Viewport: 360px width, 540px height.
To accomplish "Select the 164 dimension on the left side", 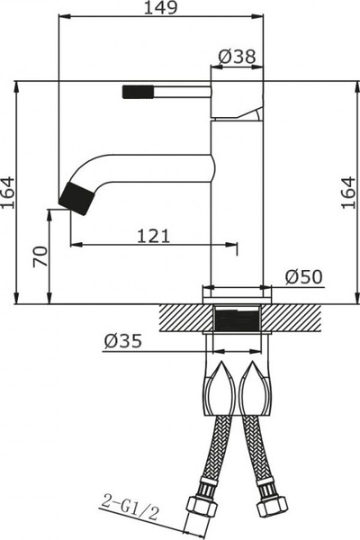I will coord(8,193).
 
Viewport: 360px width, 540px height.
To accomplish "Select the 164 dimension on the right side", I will coord(349,193).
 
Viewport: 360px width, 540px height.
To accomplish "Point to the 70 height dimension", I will coord(38,256).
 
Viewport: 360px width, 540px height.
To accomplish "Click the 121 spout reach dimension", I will coord(154,235).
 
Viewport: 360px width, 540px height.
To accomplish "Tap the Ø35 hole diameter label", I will coord(121,341).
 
